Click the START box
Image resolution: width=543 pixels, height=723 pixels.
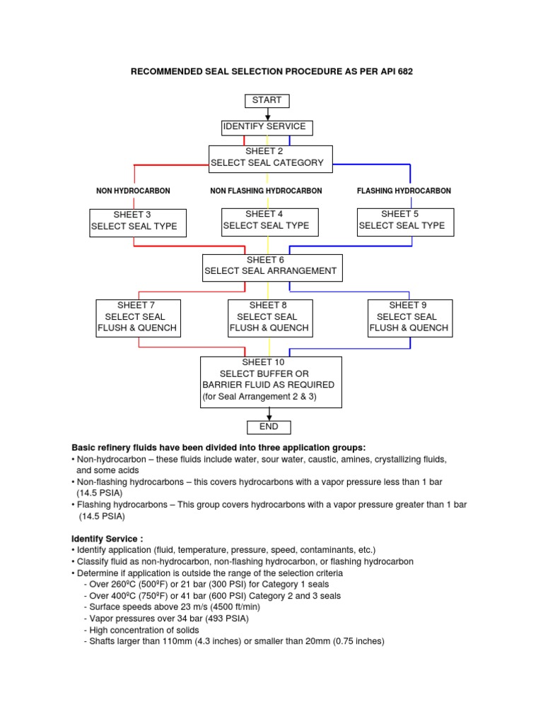point(267,100)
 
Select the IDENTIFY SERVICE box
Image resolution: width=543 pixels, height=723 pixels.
point(267,127)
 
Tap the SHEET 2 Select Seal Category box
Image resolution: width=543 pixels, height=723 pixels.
point(269,158)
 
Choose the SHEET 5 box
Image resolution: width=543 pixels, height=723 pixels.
point(404,221)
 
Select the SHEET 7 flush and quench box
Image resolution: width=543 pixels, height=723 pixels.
point(138,318)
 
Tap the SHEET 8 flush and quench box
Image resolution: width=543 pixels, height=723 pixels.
point(269,318)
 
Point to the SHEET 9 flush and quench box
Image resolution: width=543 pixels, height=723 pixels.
point(409,318)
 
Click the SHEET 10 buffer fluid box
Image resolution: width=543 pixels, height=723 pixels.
point(271,382)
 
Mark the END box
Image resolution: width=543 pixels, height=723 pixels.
point(268,427)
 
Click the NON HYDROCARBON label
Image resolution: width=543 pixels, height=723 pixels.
point(133,191)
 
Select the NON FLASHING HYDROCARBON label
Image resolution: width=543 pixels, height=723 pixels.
point(266,191)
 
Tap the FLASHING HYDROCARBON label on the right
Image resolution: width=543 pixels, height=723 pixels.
point(404,191)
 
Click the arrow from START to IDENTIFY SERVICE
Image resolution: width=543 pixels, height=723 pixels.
point(267,114)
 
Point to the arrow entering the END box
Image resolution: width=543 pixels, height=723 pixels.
point(268,414)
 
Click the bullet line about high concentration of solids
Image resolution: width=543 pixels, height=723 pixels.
point(141,630)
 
